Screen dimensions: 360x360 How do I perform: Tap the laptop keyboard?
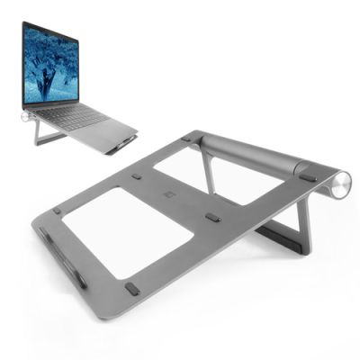(81, 117)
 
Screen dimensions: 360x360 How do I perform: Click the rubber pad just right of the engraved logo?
(212, 218)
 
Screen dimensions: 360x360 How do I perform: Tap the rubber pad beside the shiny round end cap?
(308, 177)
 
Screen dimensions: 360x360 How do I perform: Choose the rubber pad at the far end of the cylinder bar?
(185, 138)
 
